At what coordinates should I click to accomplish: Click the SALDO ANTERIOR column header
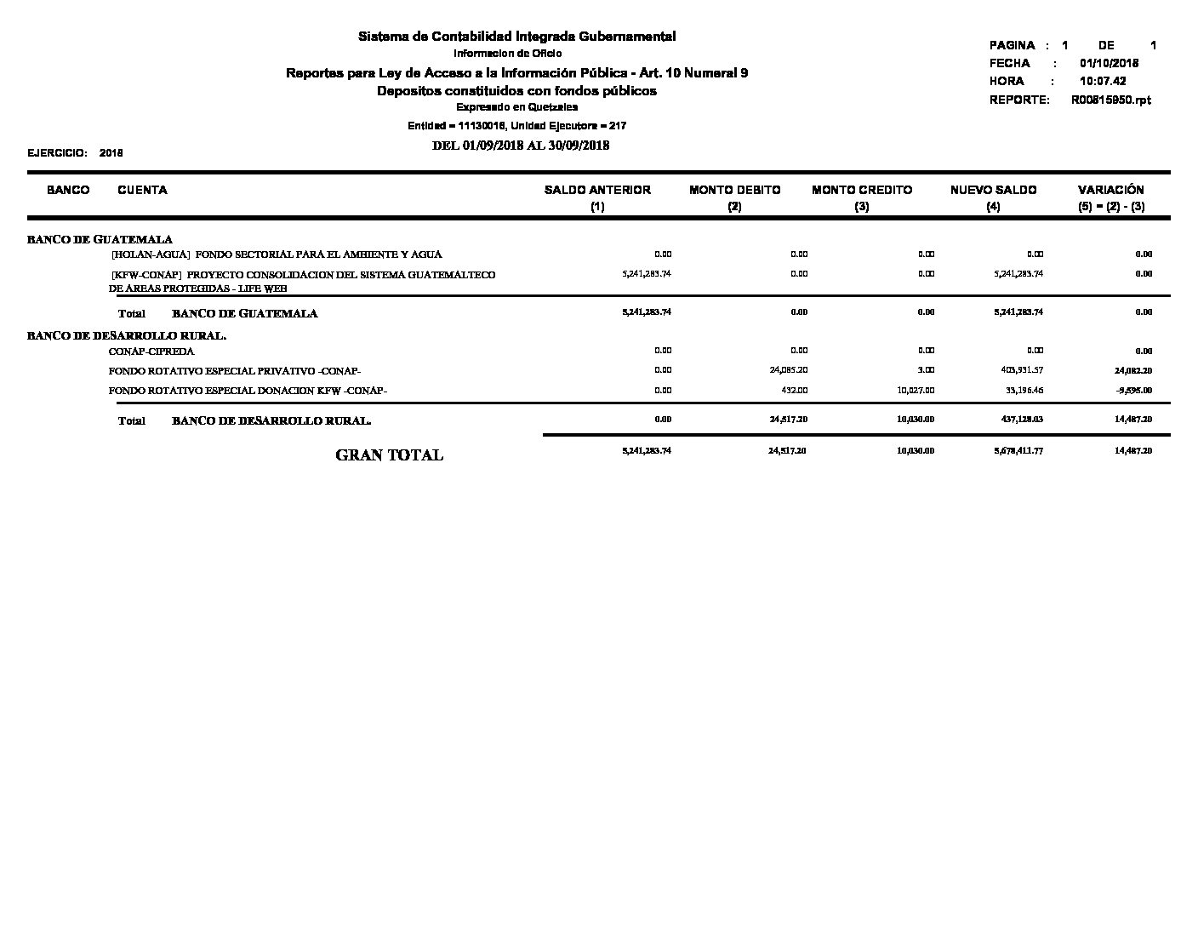pos(597,190)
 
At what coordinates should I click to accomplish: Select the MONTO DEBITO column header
pos(734,190)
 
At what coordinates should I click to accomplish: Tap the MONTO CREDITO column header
pos(862,190)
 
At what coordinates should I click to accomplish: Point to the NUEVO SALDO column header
pos(993,190)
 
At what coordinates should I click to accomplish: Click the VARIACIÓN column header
pos(1110,190)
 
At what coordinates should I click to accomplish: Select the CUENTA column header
pos(142,190)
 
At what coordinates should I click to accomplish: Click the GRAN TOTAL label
pos(390,455)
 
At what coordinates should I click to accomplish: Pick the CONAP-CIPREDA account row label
pos(151,352)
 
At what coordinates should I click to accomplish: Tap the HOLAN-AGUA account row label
pos(277,254)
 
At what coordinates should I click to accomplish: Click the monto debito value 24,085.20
pos(788,370)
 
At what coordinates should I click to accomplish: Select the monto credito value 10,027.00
pos(916,390)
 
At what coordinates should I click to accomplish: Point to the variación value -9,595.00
pos(1134,391)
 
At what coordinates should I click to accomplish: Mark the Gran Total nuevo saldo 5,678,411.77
pos(1018,450)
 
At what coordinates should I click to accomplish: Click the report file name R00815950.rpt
pos(1110,100)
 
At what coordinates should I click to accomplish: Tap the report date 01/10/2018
pos(1109,63)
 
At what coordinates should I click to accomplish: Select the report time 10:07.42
pos(1103,82)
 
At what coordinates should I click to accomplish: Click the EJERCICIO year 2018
pos(111,153)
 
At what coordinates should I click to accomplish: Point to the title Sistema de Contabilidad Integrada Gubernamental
pos(516,37)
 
